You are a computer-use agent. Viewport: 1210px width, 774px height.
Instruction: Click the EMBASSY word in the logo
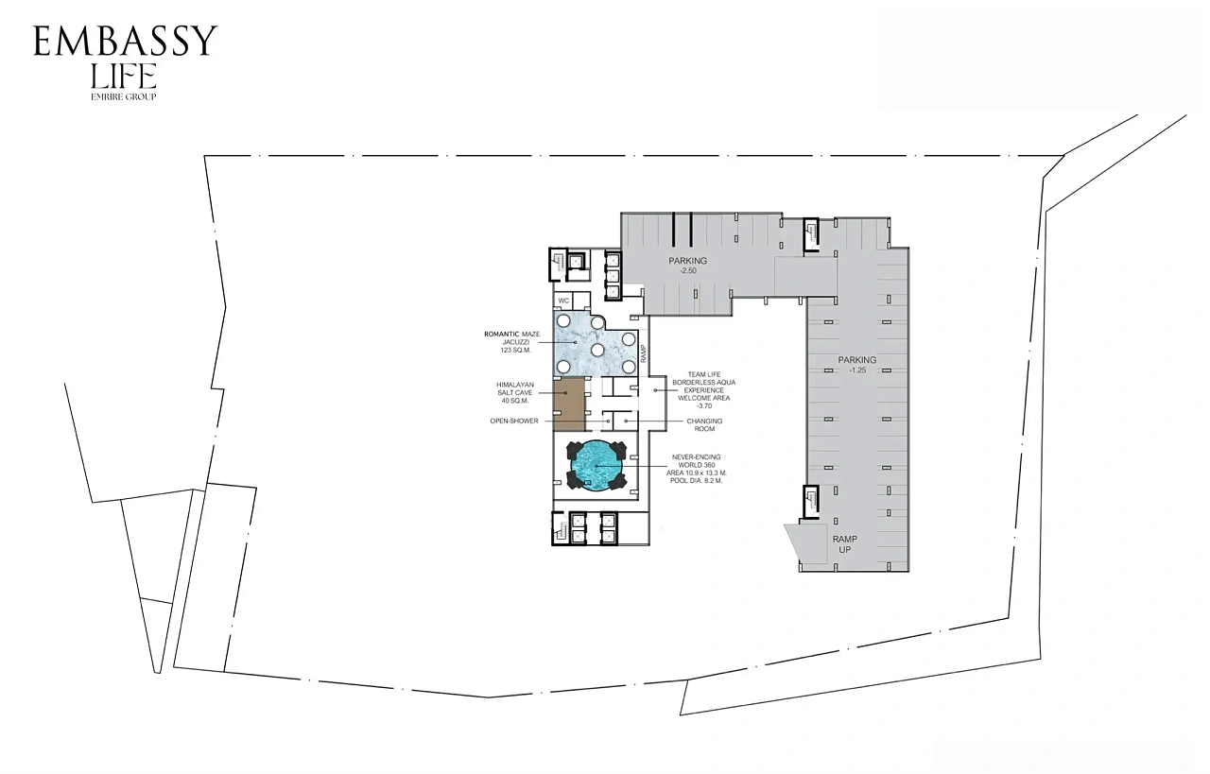coord(125,41)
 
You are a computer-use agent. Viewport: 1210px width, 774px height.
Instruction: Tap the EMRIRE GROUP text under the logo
coord(124,96)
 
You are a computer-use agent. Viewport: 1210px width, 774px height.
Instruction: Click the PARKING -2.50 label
coord(687,266)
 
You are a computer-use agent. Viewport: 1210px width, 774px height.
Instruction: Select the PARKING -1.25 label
coord(857,365)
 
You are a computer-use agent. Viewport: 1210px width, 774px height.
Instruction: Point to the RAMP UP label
coord(845,544)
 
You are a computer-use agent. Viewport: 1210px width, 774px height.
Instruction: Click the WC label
coord(563,301)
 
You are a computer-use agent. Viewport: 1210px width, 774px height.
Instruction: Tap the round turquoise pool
coord(596,466)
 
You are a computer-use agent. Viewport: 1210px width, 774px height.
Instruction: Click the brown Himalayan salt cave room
coord(569,404)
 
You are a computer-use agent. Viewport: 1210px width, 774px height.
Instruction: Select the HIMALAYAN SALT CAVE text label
coord(515,389)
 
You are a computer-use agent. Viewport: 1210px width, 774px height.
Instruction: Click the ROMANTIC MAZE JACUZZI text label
coord(512,338)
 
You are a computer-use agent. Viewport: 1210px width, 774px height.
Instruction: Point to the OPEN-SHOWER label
coord(514,421)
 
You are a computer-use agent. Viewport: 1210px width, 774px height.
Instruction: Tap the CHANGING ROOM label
coord(704,425)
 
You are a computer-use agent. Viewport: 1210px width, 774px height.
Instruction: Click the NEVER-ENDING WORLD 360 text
coord(697,461)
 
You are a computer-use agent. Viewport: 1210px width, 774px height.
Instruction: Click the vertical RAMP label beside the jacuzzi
coord(644,353)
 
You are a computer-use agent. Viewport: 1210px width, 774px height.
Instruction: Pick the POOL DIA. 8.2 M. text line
coord(697,481)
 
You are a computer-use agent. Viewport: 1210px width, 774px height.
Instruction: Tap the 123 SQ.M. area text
coord(516,350)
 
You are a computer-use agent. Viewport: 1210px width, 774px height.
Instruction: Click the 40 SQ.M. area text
coord(515,401)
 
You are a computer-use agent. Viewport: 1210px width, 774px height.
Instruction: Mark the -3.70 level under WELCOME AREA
coord(704,406)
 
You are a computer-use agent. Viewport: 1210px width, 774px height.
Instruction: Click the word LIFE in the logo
coord(124,76)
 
